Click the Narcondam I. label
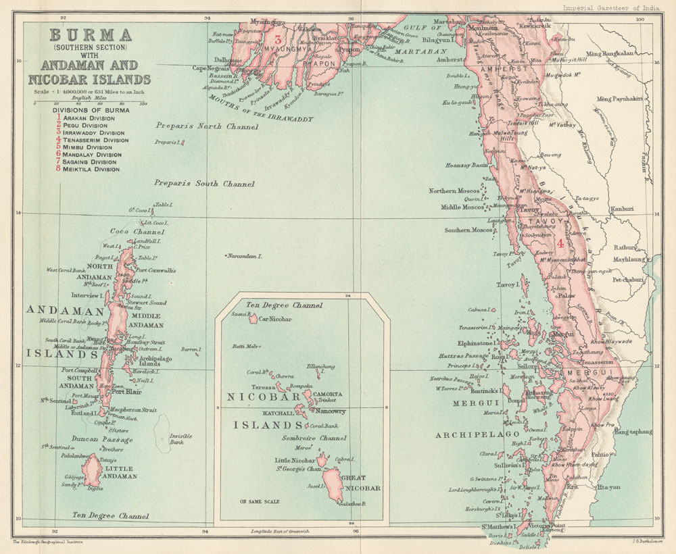pos(244,257)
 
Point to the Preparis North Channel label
pos(206,126)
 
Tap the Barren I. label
pos(191,350)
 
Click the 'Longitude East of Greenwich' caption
pos(282,531)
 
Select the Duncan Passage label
pos(91,439)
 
